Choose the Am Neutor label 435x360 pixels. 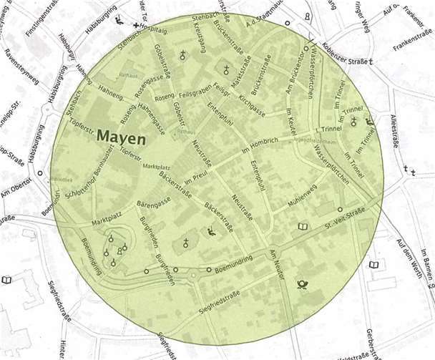point(278,264)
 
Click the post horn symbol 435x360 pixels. point(301,286)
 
